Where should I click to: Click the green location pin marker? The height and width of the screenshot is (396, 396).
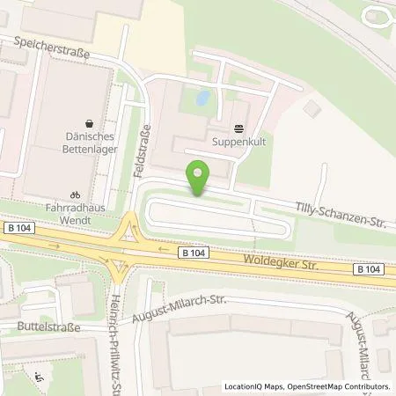click(x=200, y=178)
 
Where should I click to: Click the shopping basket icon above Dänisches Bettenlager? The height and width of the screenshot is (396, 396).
click(x=88, y=125)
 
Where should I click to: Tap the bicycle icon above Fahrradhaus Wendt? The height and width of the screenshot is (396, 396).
click(x=76, y=195)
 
